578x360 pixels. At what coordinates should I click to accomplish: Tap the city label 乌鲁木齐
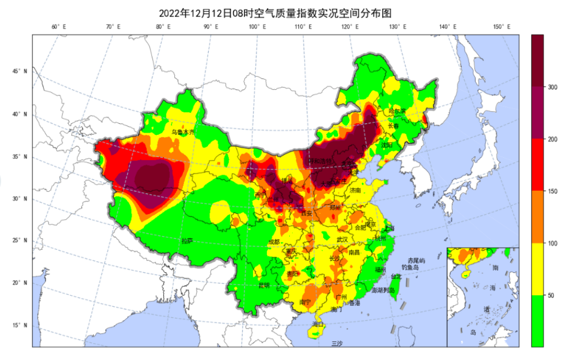pyautogui.click(x=183, y=132)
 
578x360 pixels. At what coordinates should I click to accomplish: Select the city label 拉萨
pyautogui.click(x=187, y=241)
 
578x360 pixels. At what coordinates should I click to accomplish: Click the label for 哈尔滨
pyautogui.click(x=397, y=111)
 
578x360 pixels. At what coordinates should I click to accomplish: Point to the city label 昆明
pyautogui.click(x=264, y=285)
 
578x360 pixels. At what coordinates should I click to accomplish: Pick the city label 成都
pyautogui.click(x=273, y=242)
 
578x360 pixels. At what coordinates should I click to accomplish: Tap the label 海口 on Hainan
pyautogui.click(x=318, y=324)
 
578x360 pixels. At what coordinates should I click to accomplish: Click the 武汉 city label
pyautogui.click(x=342, y=239)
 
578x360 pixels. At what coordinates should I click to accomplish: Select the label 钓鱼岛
pyautogui.click(x=410, y=267)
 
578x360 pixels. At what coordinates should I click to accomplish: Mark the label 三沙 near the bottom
pyautogui.click(x=337, y=343)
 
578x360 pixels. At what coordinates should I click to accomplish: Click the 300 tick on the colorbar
pyautogui.click(x=552, y=87)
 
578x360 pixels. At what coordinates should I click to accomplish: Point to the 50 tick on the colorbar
pyautogui.click(x=551, y=295)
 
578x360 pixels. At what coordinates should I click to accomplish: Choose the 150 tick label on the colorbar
pyautogui.click(x=552, y=191)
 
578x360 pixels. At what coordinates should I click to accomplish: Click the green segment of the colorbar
pyautogui.click(x=537, y=321)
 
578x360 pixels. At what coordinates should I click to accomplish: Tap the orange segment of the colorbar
pyautogui.click(x=537, y=217)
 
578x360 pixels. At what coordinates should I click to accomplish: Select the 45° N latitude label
pyautogui.click(x=20, y=71)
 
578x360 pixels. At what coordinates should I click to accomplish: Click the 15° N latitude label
pyautogui.click(x=20, y=325)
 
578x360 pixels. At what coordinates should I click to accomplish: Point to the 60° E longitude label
pyautogui.click(x=59, y=27)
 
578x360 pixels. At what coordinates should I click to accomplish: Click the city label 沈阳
pyautogui.click(x=387, y=145)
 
